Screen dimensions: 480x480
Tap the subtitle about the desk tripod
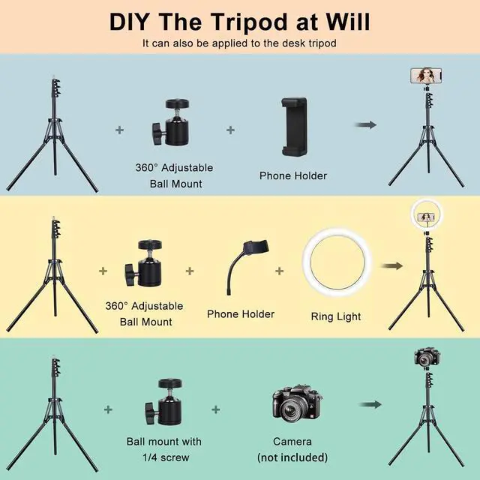point(239,43)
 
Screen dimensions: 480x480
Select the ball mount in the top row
point(172,128)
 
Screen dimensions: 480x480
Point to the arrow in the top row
point(364,124)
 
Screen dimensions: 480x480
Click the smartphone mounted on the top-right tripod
point(427,76)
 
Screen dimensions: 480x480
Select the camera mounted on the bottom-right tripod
point(425,357)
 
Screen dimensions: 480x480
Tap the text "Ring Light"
point(335,316)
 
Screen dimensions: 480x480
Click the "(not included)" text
point(292,457)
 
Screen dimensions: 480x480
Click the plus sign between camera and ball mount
point(216,409)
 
